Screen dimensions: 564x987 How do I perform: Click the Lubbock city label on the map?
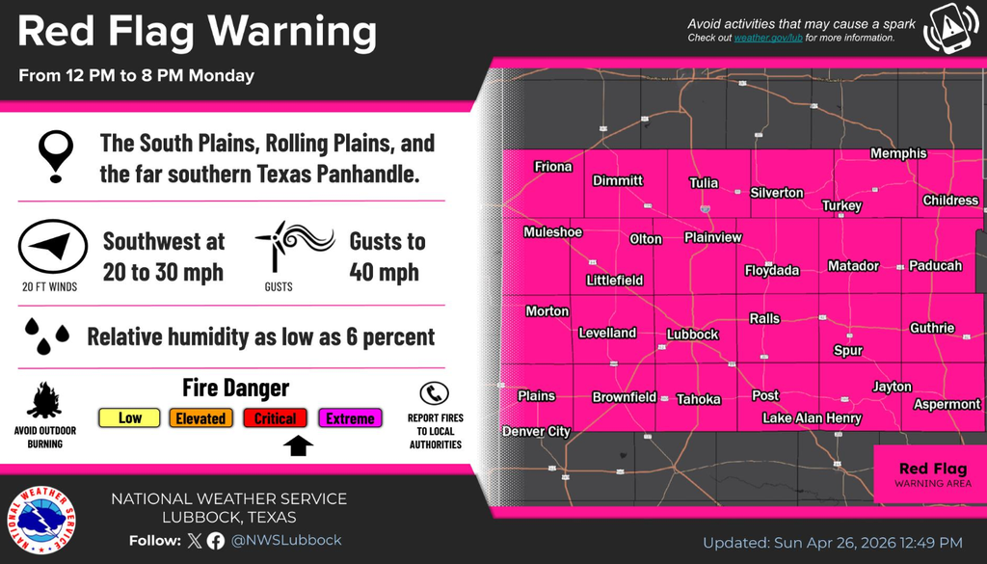coord(692,335)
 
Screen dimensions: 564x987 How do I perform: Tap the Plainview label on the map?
coord(712,237)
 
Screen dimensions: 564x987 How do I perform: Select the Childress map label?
coord(950,201)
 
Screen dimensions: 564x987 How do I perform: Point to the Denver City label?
coord(536,432)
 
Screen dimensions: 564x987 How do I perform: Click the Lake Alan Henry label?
coord(812,418)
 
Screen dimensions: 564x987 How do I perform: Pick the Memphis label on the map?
coord(897,153)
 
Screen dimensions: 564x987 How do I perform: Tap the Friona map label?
coord(553,167)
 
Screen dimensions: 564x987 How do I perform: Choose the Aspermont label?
coord(947,404)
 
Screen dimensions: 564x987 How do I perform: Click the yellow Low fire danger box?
coord(130,417)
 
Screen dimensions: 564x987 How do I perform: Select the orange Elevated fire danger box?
coord(200,417)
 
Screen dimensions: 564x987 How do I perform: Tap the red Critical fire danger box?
coord(275,417)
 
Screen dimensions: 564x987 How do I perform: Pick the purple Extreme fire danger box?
coord(350,417)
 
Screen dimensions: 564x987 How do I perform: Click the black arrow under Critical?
coord(300,444)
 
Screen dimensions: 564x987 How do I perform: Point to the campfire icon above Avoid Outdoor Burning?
coord(44,399)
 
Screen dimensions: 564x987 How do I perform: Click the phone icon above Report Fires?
coord(435,393)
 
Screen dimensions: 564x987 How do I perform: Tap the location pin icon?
coord(54,157)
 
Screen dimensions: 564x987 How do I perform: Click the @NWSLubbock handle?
coord(286,540)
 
